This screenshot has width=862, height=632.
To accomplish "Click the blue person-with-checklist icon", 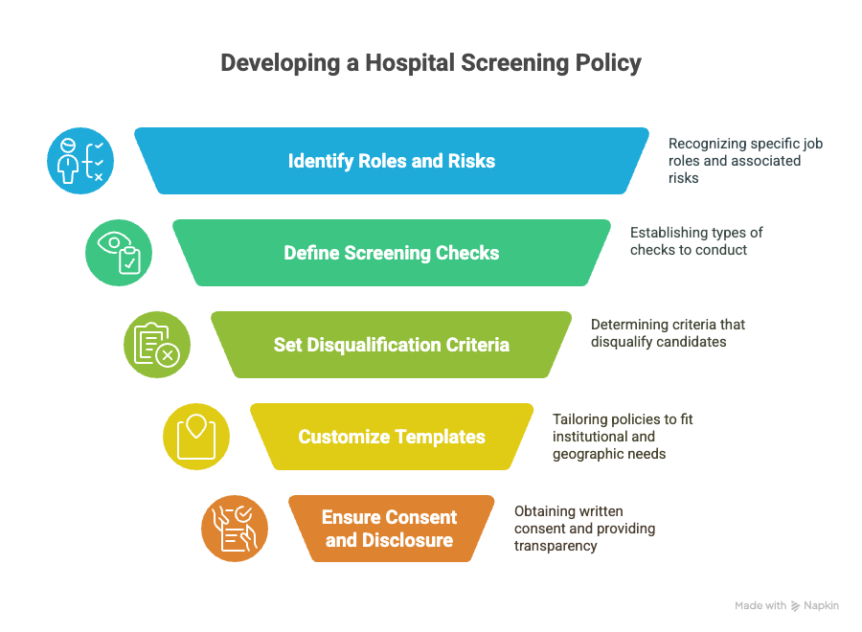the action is pyautogui.click(x=80, y=161).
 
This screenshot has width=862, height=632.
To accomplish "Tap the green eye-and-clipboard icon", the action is pyautogui.click(x=119, y=253).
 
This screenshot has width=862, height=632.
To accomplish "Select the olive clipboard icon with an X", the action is pyautogui.click(x=157, y=345).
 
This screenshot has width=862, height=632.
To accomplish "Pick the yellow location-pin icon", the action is pyautogui.click(x=196, y=437).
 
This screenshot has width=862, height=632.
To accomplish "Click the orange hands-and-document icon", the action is pyautogui.click(x=235, y=529).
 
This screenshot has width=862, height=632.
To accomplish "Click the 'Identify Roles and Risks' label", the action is pyautogui.click(x=392, y=161).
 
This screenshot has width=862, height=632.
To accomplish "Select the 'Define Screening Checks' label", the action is pyautogui.click(x=392, y=253).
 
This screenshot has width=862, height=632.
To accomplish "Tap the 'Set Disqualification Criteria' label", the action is pyautogui.click(x=392, y=345).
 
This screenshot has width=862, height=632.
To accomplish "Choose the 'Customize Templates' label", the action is pyautogui.click(x=392, y=437).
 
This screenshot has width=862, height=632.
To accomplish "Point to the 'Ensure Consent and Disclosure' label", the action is pyautogui.click(x=389, y=529).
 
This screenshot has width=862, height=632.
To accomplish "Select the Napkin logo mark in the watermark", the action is pyautogui.click(x=795, y=605).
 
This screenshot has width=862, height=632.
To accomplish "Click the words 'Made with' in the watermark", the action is pyautogui.click(x=760, y=605).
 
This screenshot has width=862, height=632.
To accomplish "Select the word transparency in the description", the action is pyautogui.click(x=556, y=546).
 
